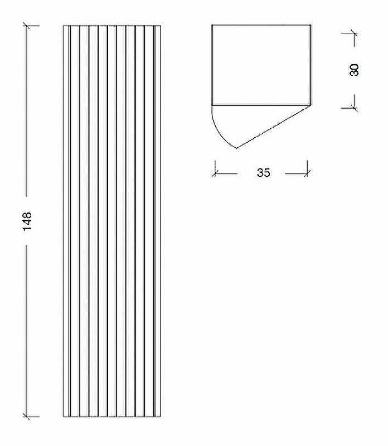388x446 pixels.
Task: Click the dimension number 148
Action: coord(27,221)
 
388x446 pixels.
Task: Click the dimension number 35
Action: coord(264,173)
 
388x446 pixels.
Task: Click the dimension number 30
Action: coord(354,70)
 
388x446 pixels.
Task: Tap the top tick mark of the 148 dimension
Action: coord(27,26)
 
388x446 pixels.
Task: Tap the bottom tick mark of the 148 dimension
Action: coord(27,416)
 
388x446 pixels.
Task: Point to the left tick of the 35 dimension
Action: coord(215,173)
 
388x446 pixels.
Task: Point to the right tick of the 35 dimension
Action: coord(307,173)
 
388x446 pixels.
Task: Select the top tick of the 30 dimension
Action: coord(354,33)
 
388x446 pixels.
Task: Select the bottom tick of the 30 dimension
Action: coord(354,108)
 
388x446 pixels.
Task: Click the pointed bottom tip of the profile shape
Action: coord(237,148)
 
